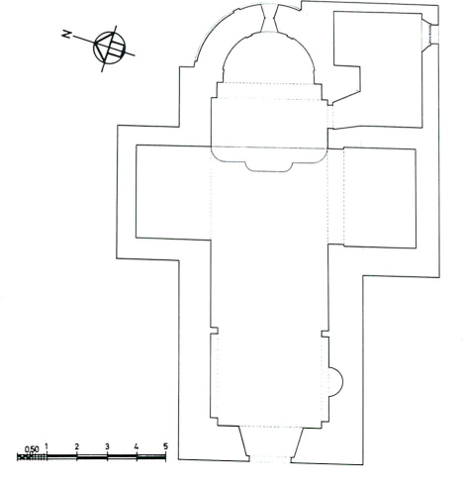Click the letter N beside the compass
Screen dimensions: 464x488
click(x=67, y=34)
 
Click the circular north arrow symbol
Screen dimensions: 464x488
click(x=110, y=49)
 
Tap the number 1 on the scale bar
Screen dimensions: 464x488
click(x=46, y=446)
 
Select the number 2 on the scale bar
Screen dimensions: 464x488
click(x=77, y=446)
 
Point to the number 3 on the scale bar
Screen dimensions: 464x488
click(x=107, y=446)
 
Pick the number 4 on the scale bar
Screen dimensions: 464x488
click(x=137, y=446)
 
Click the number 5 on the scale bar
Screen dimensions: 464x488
click(x=165, y=446)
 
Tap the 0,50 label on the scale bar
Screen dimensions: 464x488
click(x=32, y=449)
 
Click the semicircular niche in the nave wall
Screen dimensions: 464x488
click(x=335, y=381)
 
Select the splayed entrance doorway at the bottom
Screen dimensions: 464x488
click(x=271, y=444)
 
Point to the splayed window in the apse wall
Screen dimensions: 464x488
click(x=269, y=18)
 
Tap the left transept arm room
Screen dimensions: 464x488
click(x=173, y=192)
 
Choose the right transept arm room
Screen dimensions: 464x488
click(x=380, y=197)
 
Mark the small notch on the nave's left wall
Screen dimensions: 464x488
click(x=215, y=331)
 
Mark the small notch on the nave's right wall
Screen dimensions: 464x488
click(x=325, y=334)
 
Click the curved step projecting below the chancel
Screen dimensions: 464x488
click(x=269, y=167)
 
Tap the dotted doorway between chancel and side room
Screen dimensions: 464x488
click(x=330, y=117)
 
